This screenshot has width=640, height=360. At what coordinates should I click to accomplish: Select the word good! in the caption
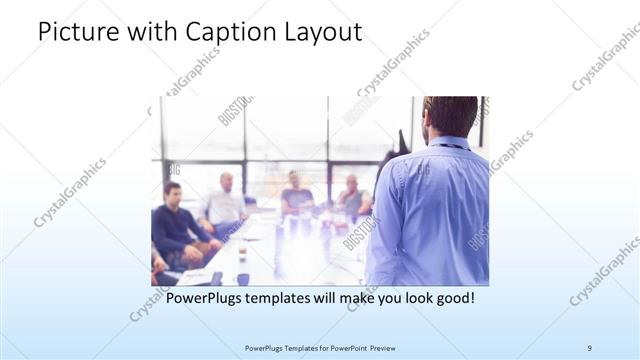(x=449, y=298)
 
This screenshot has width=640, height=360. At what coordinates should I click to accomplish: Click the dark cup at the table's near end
(x=242, y=279)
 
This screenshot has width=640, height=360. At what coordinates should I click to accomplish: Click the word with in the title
(x=150, y=33)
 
